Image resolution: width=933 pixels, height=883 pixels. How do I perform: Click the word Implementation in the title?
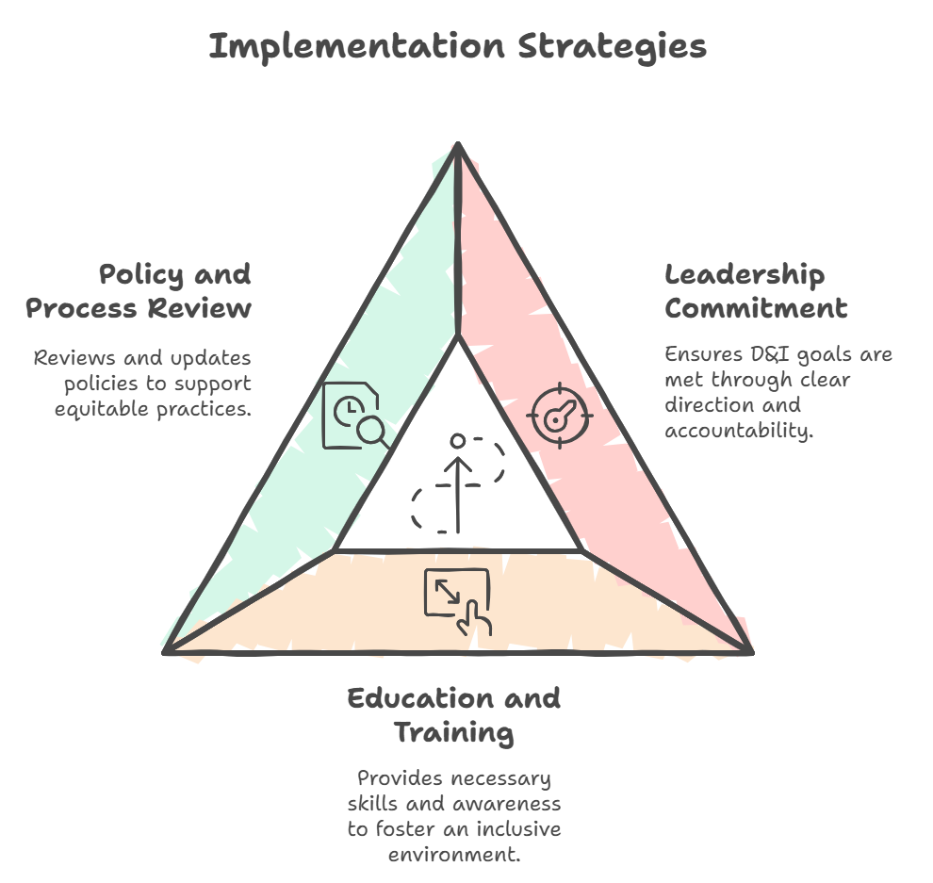point(357,46)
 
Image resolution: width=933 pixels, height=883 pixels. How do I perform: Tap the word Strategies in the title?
point(613,47)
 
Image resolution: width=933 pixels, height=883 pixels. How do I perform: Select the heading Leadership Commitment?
point(756,291)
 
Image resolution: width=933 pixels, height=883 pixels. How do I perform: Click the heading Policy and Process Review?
point(139,291)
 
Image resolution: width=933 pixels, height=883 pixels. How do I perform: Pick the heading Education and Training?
point(454,715)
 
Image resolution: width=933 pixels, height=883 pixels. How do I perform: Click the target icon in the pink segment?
point(559,416)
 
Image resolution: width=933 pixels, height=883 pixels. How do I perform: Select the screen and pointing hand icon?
point(458,602)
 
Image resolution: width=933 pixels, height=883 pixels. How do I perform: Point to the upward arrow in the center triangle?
point(458,495)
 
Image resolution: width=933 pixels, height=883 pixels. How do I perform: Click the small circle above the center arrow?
point(458,441)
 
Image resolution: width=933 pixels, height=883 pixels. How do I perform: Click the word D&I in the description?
point(770,354)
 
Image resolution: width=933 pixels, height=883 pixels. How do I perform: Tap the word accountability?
point(739,430)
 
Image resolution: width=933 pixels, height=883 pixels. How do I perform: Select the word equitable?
point(102,409)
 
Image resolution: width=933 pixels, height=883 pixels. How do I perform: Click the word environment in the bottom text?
point(454,855)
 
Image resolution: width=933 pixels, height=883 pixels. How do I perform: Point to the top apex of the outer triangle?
point(458,143)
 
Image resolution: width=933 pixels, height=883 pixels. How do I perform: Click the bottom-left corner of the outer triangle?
point(165,652)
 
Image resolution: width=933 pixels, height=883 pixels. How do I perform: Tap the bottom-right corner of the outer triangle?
point(751,652)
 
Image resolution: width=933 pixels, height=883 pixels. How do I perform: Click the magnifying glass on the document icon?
point(374,432)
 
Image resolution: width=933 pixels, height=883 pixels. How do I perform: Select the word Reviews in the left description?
point(74,358)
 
